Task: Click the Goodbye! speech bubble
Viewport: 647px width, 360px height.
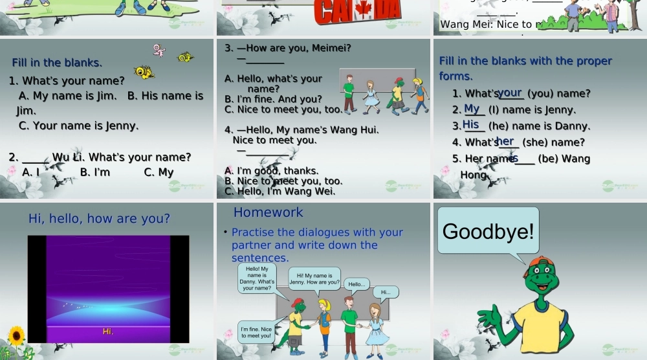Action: tap(488, 231)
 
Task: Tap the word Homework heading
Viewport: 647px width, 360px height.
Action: tap(268, 212)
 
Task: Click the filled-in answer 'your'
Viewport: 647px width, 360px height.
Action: tap(510, 93)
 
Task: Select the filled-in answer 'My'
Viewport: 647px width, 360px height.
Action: tap(472, 109)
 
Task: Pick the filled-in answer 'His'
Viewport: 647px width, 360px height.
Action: tap(471, 124)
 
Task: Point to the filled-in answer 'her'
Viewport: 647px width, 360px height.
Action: tap(505, 141)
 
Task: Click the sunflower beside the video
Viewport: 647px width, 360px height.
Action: tap(16, 336)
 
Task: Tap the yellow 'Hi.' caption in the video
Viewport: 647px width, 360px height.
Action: tap(108, 332)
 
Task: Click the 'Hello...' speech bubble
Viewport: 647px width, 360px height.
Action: tap(356, 284)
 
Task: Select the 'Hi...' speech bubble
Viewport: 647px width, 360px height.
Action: tap(386, 292)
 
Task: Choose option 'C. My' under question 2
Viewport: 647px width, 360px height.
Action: tap(159, 172)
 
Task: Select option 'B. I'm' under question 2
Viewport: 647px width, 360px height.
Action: tap(95, 172)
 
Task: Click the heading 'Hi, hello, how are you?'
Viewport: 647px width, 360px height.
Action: tap(99, 219)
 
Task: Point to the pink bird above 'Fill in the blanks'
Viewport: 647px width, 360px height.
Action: tap(159, 50)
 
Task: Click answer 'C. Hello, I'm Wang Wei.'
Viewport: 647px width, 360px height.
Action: tap(280, 191)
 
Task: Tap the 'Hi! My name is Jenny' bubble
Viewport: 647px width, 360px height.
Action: tap(314, 279)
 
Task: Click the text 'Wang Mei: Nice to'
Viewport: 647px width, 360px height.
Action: tap(485, 25)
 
